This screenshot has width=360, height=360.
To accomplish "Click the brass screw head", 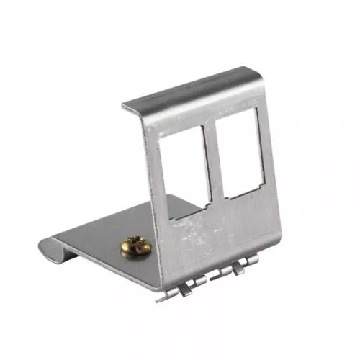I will click(135, 247).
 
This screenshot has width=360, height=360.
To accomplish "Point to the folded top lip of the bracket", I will click(194, 89).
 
